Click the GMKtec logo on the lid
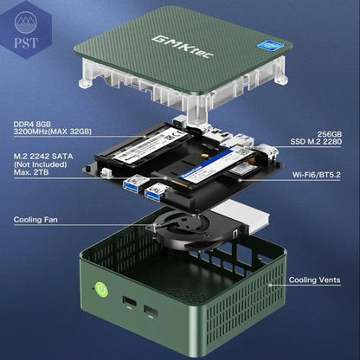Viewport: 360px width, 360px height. [x=183, y=47]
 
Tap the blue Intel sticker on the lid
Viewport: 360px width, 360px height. [x=271, y=46]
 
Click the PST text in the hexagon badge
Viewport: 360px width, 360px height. [x=26, y=43]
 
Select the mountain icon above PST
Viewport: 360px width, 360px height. [x=26, y=22]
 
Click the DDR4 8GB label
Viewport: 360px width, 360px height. [x=32, y=124]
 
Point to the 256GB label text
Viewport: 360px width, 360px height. [x=330, y=134]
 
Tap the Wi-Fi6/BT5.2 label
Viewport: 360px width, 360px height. [x=317, y=175]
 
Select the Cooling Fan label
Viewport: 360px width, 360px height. [x=35, y=220]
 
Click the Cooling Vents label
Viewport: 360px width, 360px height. [x=315, y=280]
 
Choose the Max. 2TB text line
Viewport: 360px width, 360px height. [x=31, y=172]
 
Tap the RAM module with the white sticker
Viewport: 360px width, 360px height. [x=145, y=147]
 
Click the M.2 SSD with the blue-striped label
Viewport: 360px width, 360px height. [x=213, y=167]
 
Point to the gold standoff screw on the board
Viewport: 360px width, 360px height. [x=205, y=156]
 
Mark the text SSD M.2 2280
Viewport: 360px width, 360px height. [x=316, y=141]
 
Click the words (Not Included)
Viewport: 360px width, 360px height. [x=40, y=164]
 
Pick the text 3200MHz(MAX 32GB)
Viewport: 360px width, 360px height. [x=53, y=132]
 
